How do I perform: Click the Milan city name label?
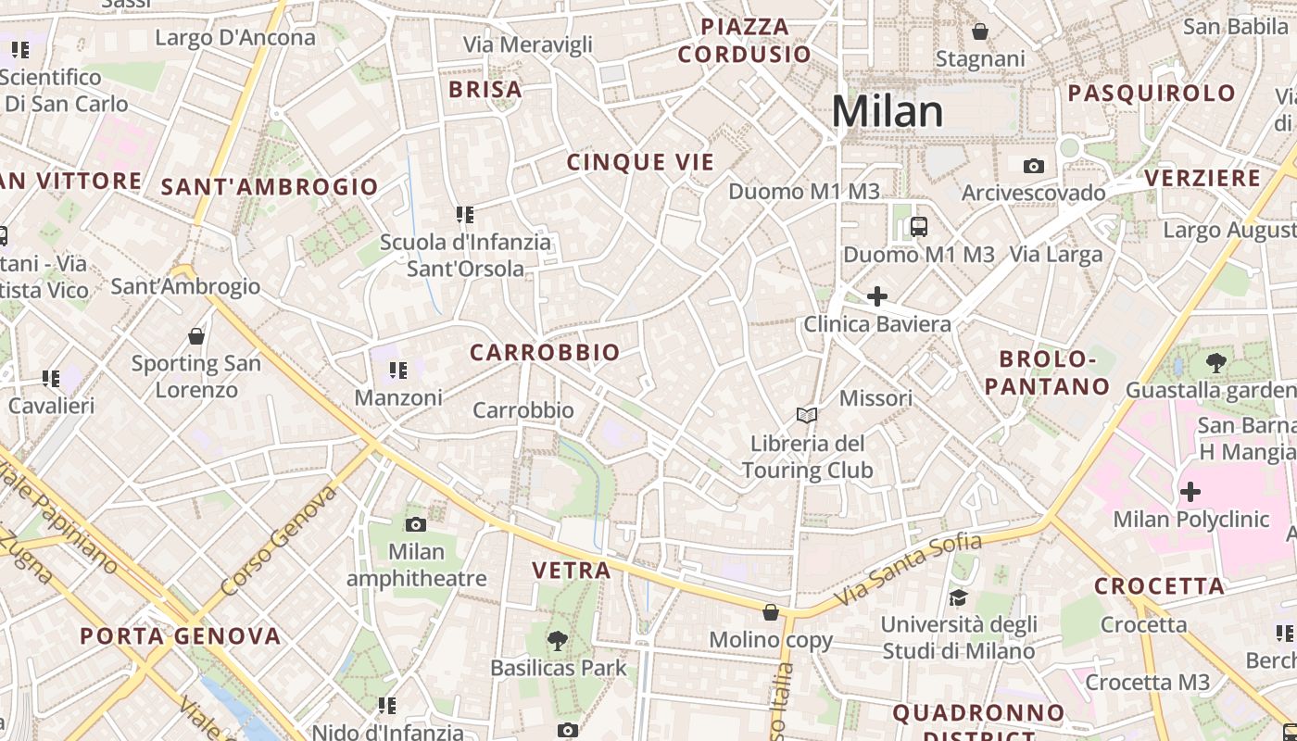click(x=887, y=112)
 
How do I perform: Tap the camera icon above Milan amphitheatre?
click(x=416, y=525)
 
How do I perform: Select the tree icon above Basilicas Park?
click(x=558, y=640)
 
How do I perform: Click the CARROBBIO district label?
click(x=545, y=353)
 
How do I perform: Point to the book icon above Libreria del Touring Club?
click(x=807, y=416)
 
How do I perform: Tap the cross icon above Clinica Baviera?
click(x=876, y=296)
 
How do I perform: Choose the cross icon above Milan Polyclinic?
click(x=1190, y=492)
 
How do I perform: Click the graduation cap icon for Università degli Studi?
click(x=958, y=597)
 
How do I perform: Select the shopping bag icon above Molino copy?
click(x=771, y=612)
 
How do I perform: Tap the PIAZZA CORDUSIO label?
click(x=745, y=41)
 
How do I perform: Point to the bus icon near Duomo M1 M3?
click(x=918, y=226)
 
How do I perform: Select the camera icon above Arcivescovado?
click(x=1034, y=167)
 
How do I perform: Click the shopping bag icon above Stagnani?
click(x=980, y=32)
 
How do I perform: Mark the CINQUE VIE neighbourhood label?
click(x=641, y=163)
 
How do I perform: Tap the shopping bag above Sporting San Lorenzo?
click(x=195, y=336)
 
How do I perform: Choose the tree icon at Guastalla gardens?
click(x=1216, y=363)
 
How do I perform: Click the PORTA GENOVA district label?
click(x=180, y=636)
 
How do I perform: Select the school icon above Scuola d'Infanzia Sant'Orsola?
click(x=465, y=215)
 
